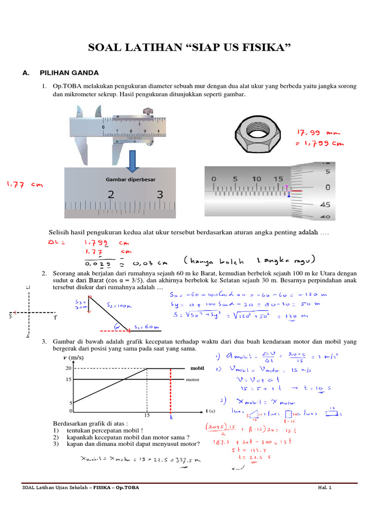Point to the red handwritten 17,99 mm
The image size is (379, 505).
pyautogui.click(x=318, y=133)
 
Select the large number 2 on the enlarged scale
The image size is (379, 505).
pyautogui.click(x=111, y=195)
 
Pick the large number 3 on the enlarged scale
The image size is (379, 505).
pyautogui.click(x=159, y=195)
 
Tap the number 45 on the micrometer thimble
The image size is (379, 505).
pyautogui.click(x=326, y=204)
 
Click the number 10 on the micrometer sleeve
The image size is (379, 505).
pyautogui.click(x=257, y=179)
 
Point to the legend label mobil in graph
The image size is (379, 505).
pyautogui.click(x=197, y=368)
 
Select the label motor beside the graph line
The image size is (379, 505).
pyautogui.click(x=192, y=380)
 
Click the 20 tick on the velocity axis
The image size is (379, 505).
pyautogui.click(x=69, y=368)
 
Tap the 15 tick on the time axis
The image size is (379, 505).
pyautogui.click(x=147, y=415)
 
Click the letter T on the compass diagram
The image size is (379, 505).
pyautogui.click(x=55, y=319)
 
